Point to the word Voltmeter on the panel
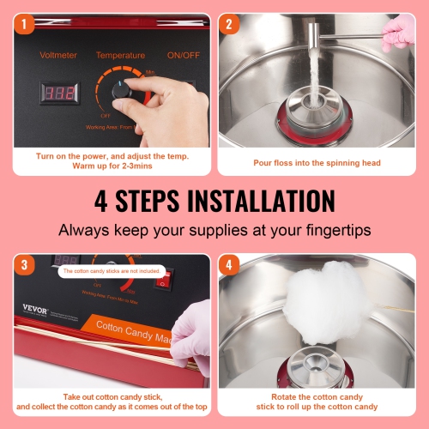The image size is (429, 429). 58,54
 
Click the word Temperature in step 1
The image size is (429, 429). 120,54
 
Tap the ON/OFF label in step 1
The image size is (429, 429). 183,54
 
